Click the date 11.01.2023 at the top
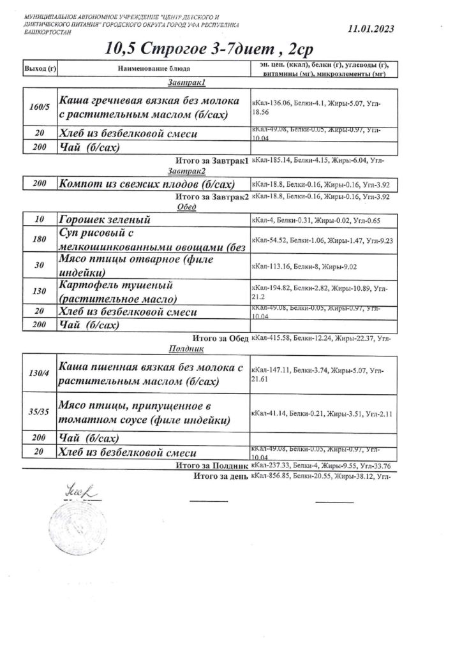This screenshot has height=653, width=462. (x=371, y=29)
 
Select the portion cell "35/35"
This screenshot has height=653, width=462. (x=40, y=412)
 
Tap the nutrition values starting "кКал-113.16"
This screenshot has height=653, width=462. (x=299, y=267)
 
